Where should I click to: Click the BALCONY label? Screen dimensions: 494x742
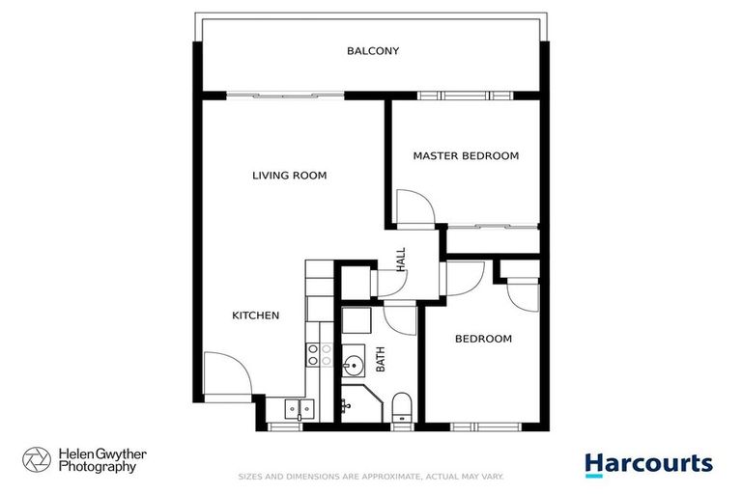coord(373,51)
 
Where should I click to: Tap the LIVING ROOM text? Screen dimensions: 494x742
coord(289,176)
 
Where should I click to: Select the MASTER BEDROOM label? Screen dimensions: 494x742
coord(466,155)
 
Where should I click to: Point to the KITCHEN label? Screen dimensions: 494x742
coord(256,316)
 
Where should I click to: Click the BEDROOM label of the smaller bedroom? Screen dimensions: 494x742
coord(483,339)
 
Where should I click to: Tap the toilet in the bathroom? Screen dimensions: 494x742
coord(402,407)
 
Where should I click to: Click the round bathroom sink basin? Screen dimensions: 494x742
coord(354,365)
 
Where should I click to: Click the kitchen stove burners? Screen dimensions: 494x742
coord(313,354)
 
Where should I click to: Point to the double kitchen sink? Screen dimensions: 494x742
coord(298,409)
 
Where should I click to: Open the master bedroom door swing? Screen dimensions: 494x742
coord(413,207)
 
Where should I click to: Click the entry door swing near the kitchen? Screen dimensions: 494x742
coord(226,371)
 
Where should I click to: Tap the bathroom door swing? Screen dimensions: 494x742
coord(399,319)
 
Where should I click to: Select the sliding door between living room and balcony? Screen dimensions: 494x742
coord(286,96)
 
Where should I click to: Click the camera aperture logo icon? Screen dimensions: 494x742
coord(37,459)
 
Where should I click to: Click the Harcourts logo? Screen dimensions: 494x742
coord(648,464)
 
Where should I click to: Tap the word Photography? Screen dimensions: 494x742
coord(97,467)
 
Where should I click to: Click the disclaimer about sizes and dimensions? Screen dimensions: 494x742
coord(371,477)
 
